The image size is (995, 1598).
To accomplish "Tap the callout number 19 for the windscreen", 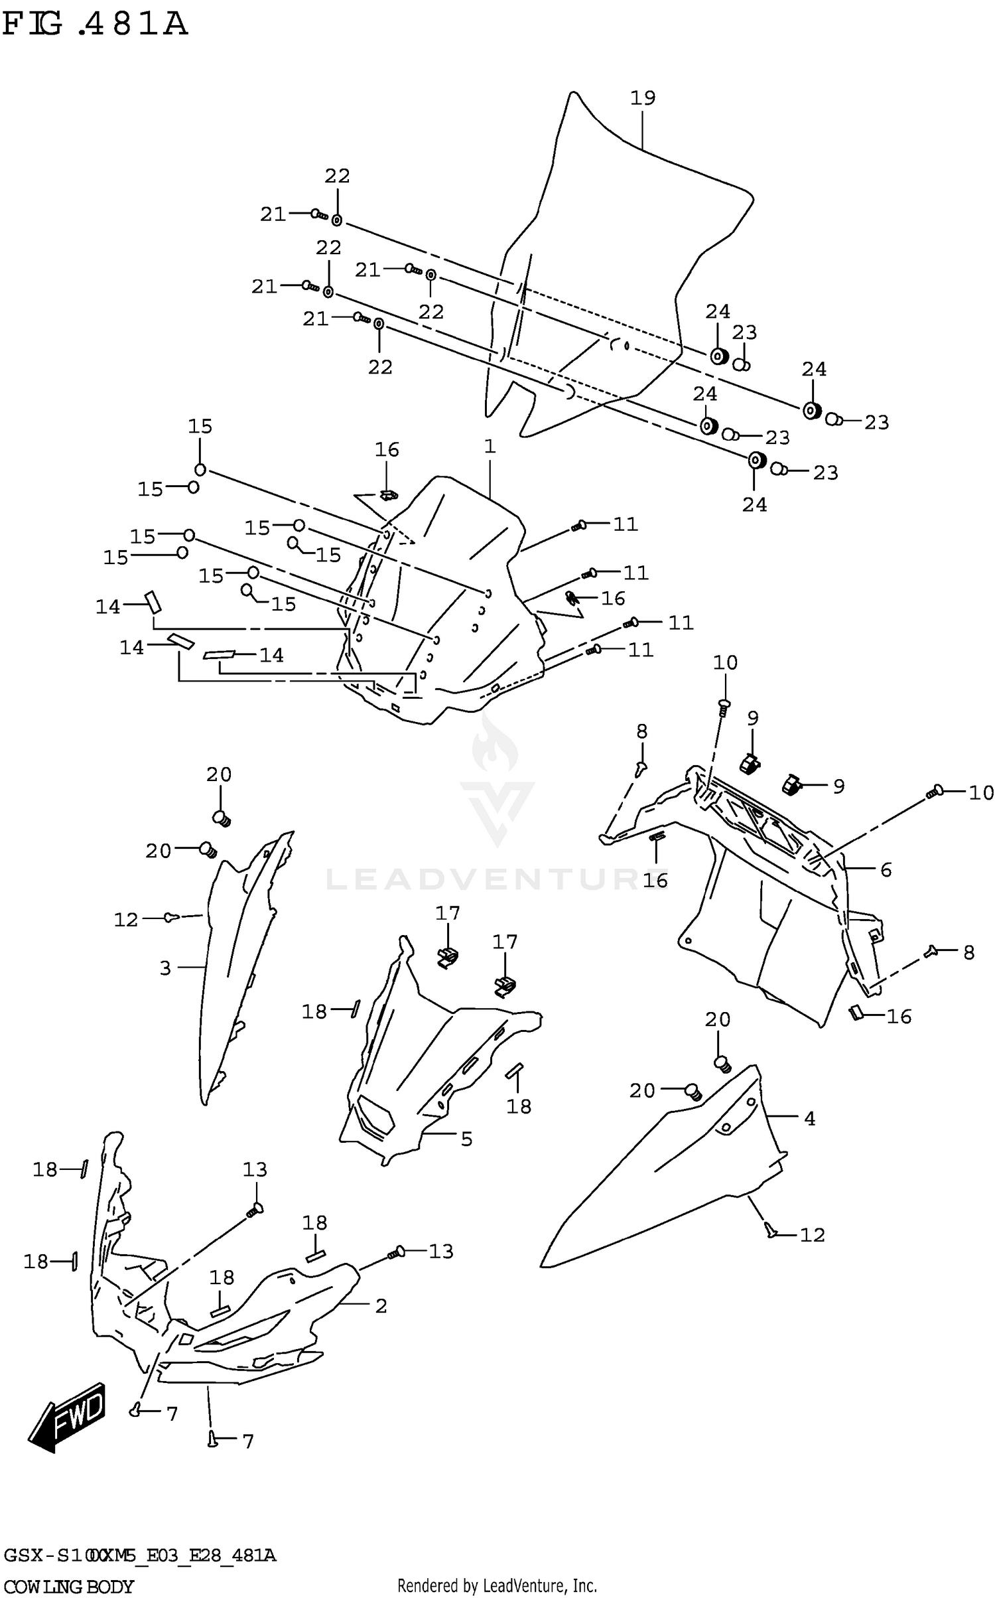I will tap(642, 98).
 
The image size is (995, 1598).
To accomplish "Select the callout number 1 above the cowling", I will tap(490, 447).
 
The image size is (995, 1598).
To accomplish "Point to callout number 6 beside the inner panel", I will tap(886, 869).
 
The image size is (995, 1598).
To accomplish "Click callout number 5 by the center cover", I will tap(466, 1139).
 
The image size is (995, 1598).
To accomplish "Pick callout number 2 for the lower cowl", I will tap(380, 1306).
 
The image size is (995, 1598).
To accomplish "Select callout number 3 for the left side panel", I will tap(165, 968).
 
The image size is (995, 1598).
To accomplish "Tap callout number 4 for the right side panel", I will tap(809, 1119).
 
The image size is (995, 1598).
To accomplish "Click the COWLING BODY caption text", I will tap(68, 1587).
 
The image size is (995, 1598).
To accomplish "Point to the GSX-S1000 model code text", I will tap(139, 1554).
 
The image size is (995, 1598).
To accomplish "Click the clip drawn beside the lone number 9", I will tap(791, 785).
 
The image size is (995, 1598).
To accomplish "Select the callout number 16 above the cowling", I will tap(387, 450).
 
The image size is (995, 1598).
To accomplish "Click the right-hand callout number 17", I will tap(504, 942).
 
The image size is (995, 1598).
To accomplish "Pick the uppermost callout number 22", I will tap(337, 176).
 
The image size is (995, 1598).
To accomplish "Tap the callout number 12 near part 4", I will tap(812, 1235).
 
